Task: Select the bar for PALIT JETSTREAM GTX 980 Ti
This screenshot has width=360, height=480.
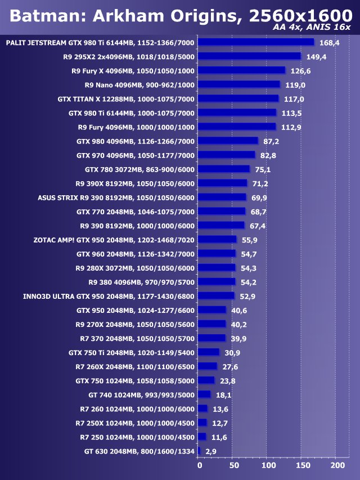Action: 256,42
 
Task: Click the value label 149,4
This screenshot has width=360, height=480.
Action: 316,57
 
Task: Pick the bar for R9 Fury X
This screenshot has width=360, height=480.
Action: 242,70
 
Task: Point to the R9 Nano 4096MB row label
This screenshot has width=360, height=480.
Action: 139,85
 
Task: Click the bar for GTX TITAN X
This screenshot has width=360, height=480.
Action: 238,98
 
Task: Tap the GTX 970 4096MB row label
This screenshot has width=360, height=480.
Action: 136,155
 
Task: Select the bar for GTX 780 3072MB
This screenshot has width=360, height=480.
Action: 224,169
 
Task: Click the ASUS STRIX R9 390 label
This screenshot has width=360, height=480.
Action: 116,198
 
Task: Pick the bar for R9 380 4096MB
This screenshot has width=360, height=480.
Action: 217,281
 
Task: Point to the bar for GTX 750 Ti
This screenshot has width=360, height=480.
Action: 209,352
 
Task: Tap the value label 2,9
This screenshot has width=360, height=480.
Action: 211,451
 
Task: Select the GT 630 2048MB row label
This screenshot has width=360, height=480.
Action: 139,451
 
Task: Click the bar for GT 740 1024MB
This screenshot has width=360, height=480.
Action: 204,394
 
